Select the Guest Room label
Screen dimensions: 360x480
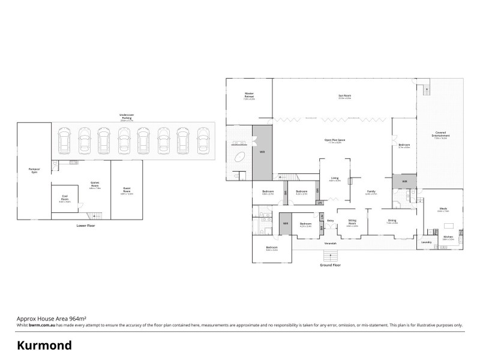coord(126,191)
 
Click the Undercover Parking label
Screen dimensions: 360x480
coord(126,116)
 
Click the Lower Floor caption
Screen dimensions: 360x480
coord(86,226)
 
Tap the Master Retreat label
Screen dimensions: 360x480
coord(249,95)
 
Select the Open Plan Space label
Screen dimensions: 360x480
coord(335,141)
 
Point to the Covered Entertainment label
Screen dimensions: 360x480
coord(445,134)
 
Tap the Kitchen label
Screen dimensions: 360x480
coord(448,237)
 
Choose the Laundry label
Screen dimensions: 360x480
coord(427,242)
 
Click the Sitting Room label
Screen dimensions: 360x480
coord(352,222)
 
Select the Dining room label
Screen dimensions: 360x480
coord(392,221)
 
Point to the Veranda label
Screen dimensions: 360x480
coord(330,244)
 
